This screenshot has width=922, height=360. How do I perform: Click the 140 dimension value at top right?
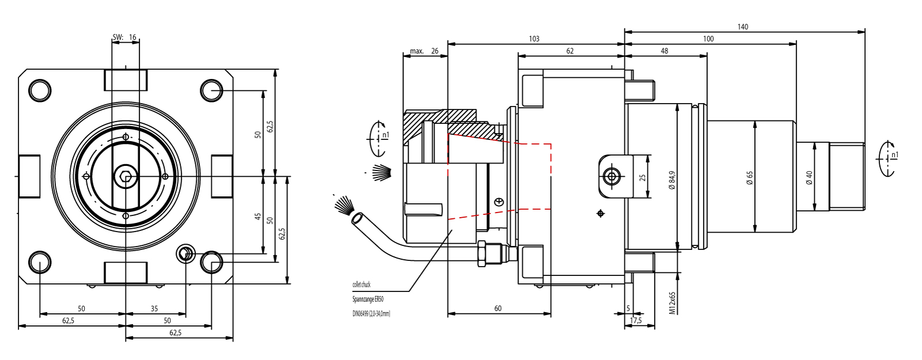[743, 26]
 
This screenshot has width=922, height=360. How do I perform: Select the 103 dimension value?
[534, 39]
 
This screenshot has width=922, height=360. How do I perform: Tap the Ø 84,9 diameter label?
[672, 180]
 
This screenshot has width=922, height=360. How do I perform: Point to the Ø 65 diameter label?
[750, 178]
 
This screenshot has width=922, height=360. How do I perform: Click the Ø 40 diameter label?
[809, 178]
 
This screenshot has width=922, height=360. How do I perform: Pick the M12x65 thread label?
[672, 302]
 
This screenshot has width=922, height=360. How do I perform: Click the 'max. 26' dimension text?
[424, 51]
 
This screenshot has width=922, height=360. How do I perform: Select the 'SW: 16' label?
[125, 37]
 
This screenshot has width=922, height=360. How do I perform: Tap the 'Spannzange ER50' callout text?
[368, 299]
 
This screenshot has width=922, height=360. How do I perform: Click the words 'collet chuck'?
[361, 285]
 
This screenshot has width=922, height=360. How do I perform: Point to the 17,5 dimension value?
[636, 320]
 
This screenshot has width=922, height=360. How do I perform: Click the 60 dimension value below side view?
[498, 308]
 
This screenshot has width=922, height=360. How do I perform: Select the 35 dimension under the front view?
[154, 309]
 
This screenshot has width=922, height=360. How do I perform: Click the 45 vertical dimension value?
[258, 217]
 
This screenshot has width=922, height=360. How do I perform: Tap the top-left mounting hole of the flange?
[40, 90]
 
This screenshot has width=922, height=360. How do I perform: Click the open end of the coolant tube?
[357, 219]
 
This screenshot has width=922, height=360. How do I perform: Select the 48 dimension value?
[664, 51]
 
